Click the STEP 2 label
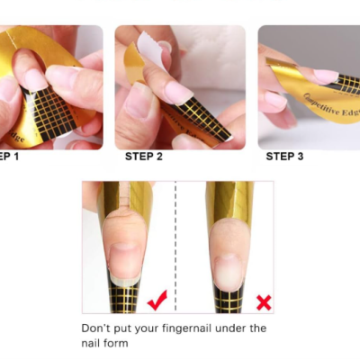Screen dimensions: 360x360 tap(144, 157)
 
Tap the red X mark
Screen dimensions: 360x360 tap(264, 301)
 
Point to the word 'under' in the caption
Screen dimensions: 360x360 tap(233, 328)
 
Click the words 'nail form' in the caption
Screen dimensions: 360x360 tap(105, 343)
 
